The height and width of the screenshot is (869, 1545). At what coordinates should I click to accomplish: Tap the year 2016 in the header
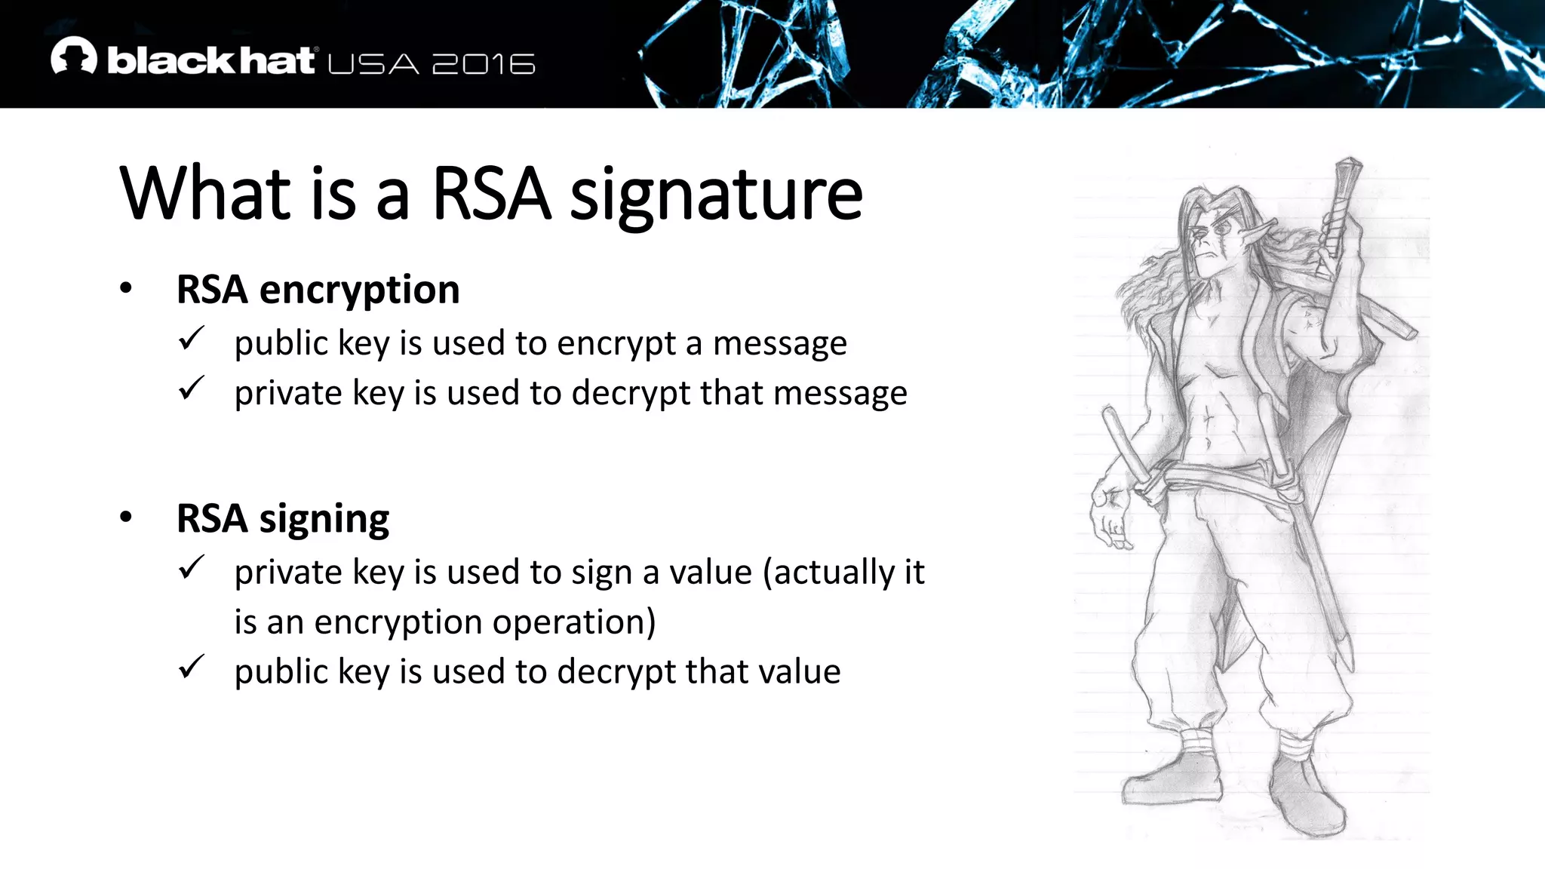coord(484,64)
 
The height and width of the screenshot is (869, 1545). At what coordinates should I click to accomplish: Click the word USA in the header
coord(373,64)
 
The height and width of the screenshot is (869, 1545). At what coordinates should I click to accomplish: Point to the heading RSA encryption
coord(318,290)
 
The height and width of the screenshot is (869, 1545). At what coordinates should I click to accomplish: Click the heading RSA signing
coord(283,519)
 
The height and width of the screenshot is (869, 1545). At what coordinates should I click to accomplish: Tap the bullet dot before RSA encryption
coord(126,288)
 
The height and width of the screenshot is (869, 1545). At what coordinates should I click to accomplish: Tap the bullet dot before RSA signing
coord(126,517)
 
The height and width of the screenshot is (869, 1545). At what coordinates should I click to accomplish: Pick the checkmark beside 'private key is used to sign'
coord(192,567)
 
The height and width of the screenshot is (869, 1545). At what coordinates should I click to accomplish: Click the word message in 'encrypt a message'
coord(780,344)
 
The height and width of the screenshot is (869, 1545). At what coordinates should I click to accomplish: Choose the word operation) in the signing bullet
coord(574,623)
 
